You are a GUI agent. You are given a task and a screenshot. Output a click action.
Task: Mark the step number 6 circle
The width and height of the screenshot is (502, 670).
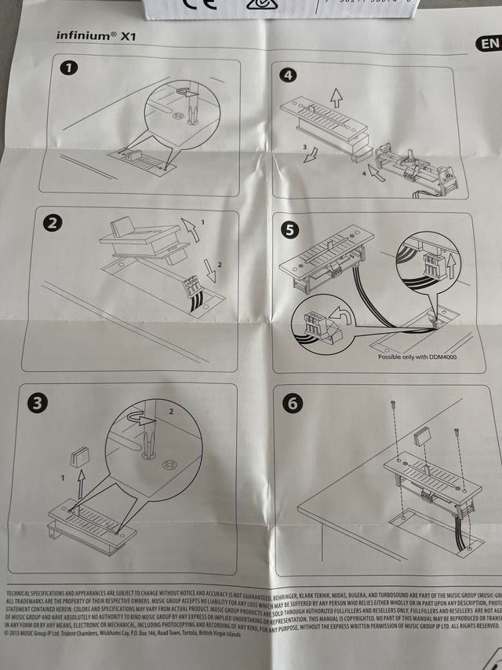point(293,404)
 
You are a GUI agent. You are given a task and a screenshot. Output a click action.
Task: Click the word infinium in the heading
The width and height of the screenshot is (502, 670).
point(81,35)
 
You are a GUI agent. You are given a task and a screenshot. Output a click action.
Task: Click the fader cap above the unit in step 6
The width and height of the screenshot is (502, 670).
point(423,435)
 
